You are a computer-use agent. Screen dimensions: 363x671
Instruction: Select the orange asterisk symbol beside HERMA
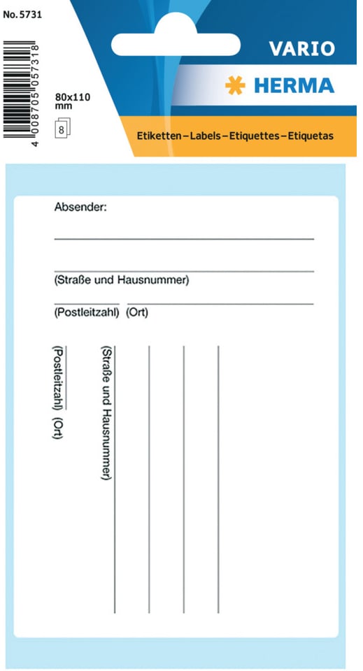(x=234, y=85)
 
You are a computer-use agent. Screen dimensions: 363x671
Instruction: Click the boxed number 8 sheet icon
(x=63, y=129)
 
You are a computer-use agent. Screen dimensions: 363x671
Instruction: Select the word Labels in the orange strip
(x=203, y=135)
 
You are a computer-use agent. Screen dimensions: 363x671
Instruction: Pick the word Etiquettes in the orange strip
(x=254, y=135)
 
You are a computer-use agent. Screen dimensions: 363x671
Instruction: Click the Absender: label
(x=80, y=207)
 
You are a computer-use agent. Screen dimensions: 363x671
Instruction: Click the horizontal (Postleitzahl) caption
(x=87, y=313)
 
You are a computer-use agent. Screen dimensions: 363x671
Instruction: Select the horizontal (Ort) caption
(x=137, y=313)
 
